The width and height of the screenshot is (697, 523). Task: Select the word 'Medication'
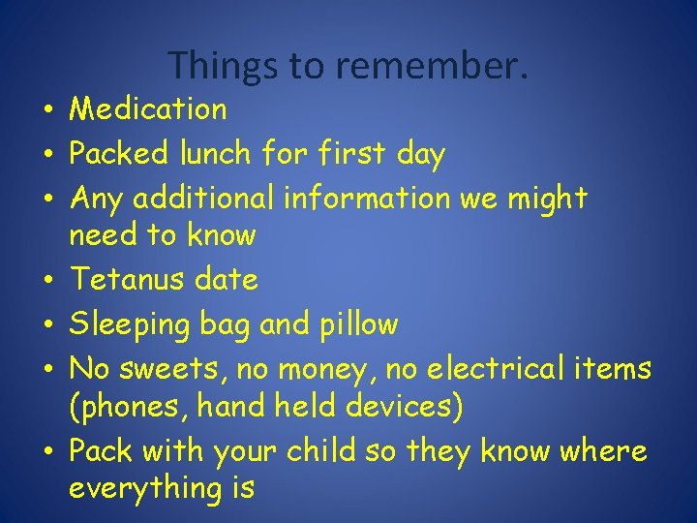[148, 109]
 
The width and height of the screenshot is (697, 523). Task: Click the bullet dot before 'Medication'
[46, 110]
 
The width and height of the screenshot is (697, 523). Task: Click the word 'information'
[366, 198]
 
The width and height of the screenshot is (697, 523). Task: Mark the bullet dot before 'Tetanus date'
[46, 281]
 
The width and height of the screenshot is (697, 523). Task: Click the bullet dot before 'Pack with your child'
[46, 451]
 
